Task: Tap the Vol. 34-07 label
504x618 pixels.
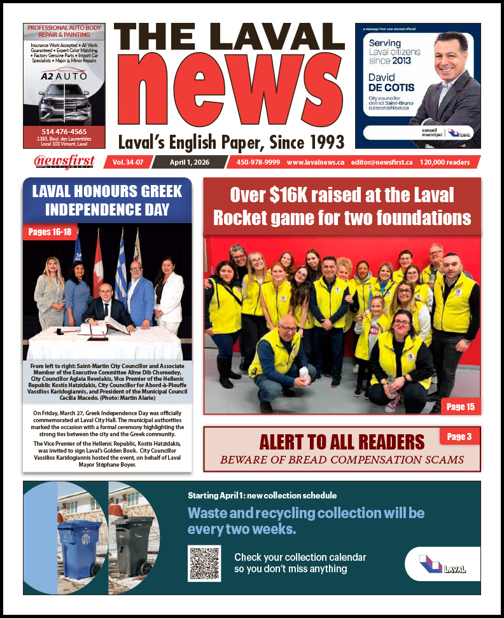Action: coord(128,162)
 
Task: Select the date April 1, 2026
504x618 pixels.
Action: coord(189,162)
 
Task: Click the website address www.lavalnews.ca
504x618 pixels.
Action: coord(315,162)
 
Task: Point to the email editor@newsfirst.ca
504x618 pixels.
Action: coord(381,162)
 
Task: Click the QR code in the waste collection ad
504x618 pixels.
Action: coord(204,563)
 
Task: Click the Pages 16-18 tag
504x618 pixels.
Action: coord(50,232)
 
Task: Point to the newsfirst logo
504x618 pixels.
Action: coord(64,162)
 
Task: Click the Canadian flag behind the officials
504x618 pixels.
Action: coord(98,261)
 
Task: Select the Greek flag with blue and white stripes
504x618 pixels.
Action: coord(120,267)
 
